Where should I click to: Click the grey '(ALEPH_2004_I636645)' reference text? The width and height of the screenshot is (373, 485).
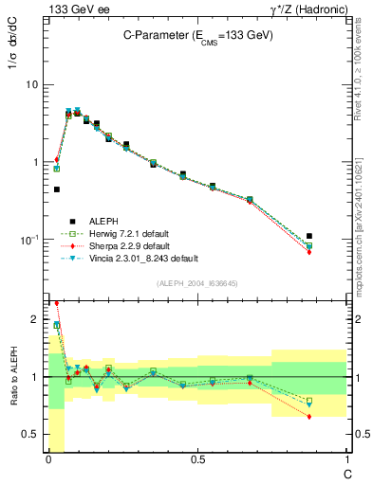pyautogui.click(x=197, y=283)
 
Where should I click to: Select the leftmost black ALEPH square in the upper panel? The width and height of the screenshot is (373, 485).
pyautogui.click(x=57, y=189)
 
